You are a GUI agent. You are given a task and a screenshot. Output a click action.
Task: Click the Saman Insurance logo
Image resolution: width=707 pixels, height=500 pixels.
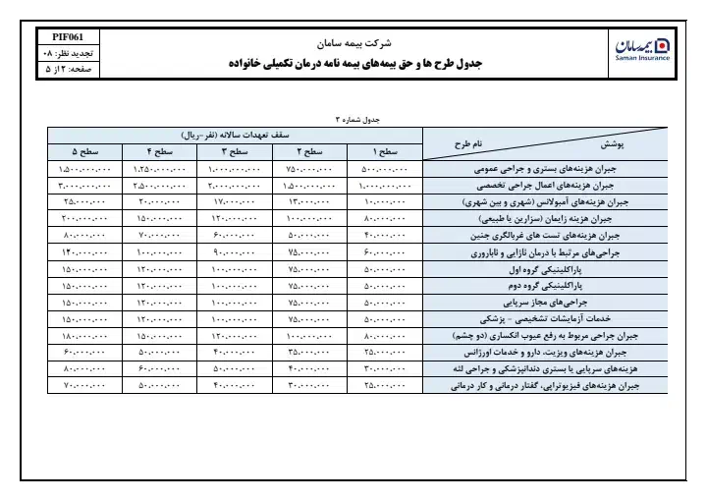(x=642, y=49)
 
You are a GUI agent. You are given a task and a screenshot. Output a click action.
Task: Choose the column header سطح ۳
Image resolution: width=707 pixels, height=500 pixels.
(x=237, y=152)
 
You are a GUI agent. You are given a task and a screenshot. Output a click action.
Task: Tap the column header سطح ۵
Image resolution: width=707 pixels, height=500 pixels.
(x=84, y=152)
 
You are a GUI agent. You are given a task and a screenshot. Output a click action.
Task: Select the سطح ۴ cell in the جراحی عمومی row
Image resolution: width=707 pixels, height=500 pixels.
(x=160, y=169)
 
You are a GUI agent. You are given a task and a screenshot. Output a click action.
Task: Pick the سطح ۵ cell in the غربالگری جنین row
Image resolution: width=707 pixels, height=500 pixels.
(x=84, y=236)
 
